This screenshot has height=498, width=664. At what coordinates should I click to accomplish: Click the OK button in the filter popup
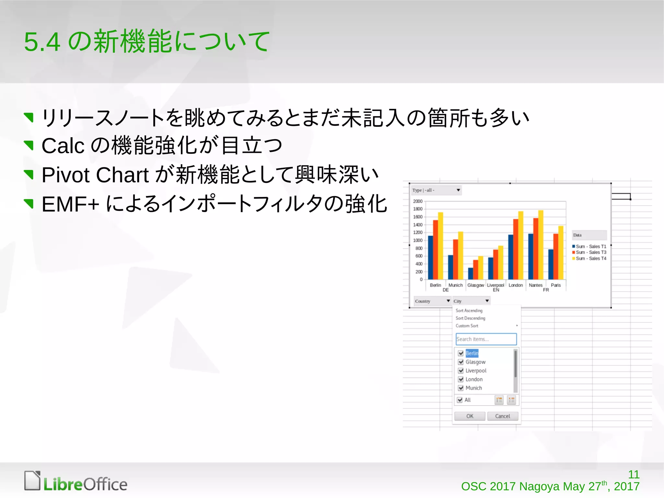pos(469,416)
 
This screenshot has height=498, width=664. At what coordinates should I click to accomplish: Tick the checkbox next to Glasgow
pos(461,362)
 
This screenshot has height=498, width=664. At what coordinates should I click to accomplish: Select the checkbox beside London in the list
pos(461,379)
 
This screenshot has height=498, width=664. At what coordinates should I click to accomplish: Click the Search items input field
pos(486,339)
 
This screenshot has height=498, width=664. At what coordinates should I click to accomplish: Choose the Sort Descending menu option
pos(470,318)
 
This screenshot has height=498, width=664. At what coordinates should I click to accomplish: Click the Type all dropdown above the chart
pos(436,190)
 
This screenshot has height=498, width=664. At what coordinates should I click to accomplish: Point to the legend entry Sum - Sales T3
pos(590,252)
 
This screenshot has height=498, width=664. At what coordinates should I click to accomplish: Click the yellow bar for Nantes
pos(541,245)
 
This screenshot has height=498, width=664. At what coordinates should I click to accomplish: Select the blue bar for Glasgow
pos(470,273)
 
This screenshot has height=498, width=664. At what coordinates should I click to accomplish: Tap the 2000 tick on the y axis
pos(418,201)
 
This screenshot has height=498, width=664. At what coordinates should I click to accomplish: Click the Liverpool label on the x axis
pos(495,285)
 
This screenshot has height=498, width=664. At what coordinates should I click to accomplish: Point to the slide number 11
pos(634,474)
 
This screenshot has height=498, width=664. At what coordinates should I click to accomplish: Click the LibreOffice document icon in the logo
pos(32,480)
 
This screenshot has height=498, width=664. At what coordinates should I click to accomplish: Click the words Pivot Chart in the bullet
pos(95,175)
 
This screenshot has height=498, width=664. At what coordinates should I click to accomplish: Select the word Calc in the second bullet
pos(63,146)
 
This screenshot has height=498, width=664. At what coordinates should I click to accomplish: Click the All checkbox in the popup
pos(460,400)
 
